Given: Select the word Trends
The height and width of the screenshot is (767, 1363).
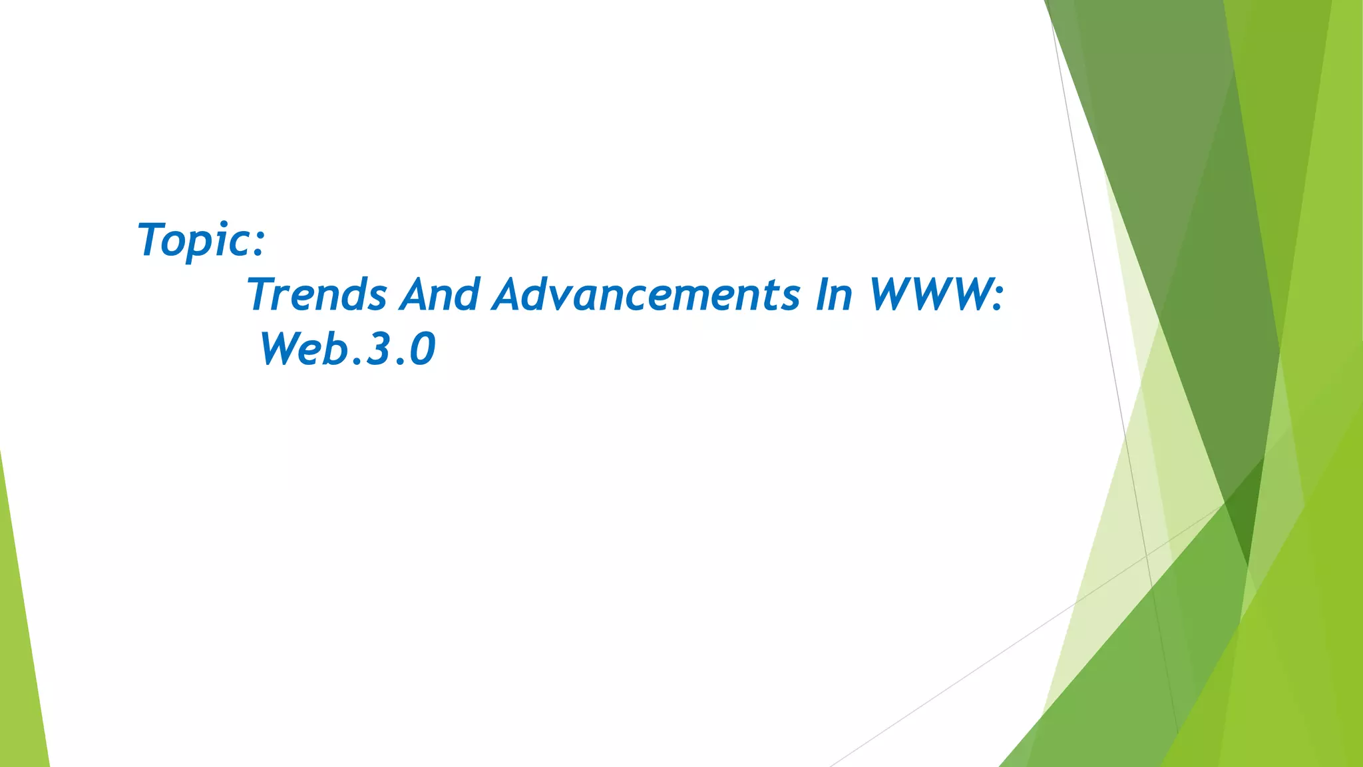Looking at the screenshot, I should pos(317,294).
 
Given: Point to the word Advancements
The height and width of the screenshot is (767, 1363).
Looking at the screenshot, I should pos(646,294).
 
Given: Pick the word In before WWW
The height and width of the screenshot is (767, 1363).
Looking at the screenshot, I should pos(834,294).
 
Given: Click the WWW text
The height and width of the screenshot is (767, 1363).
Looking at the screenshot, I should pos(929,294).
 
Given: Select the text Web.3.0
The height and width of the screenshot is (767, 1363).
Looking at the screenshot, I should pos(347,349).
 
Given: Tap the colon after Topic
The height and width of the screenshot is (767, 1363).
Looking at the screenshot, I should pos(259,242).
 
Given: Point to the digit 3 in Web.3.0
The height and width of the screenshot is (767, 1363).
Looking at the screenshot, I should pos(377,349).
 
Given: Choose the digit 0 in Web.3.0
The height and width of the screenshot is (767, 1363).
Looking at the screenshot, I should pos(423,349).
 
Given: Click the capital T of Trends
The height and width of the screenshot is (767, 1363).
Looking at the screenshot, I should pos(262,294).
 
